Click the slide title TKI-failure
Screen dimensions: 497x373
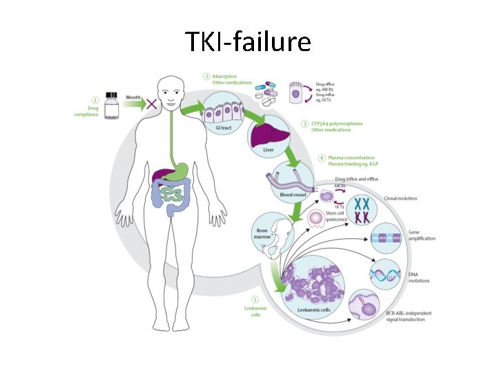coord(248,43)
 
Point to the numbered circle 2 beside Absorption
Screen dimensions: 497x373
coord(206,76)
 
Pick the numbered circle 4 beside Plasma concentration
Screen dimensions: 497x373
coord(322,158)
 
